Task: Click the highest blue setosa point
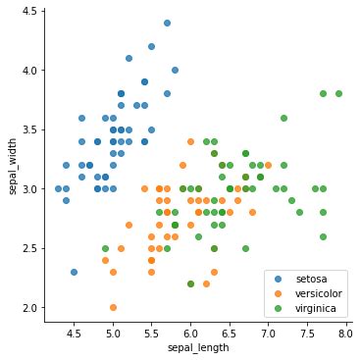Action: click(167, 23)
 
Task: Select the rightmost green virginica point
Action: click(338, 94)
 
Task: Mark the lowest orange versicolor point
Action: click(113, 308)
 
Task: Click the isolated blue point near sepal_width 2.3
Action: click(74, 272)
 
